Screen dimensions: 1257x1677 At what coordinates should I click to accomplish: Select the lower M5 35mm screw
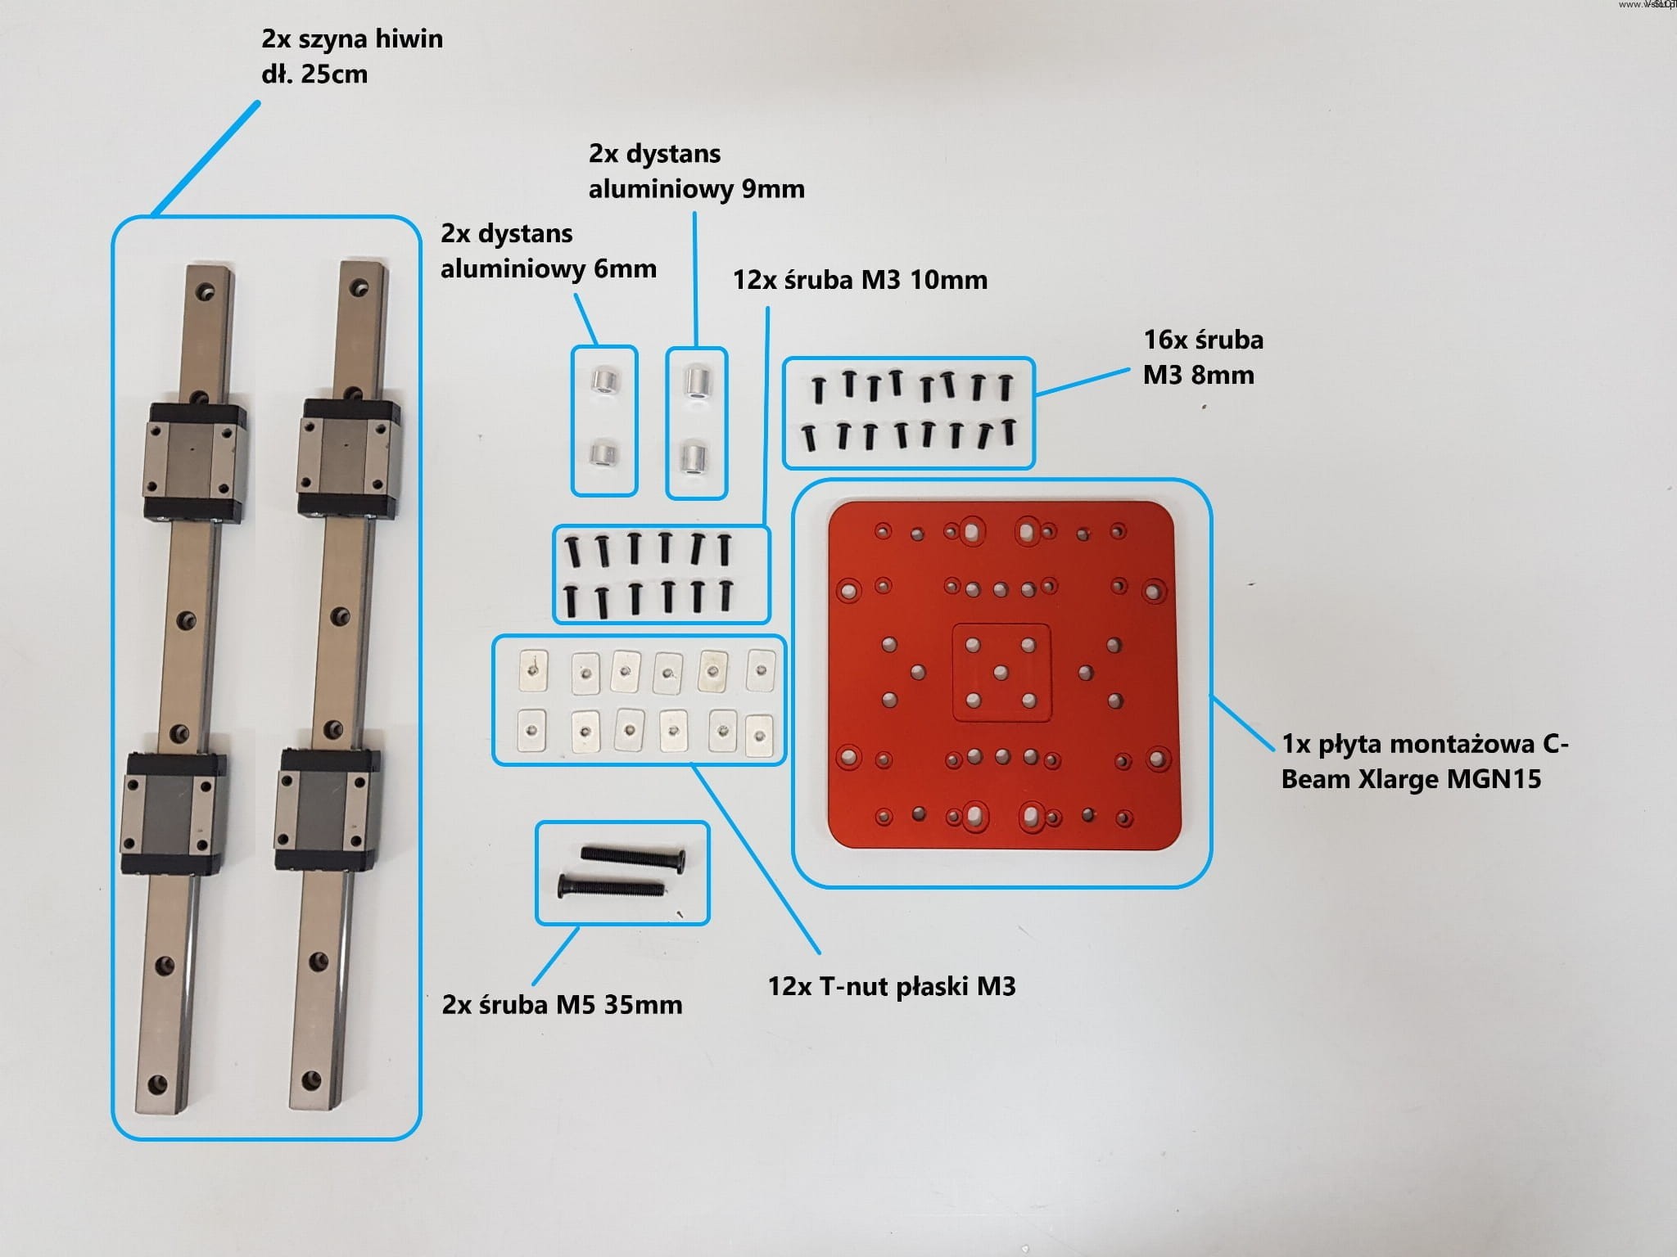[x=610, y=886]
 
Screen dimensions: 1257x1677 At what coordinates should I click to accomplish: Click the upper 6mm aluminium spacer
[x=604, y=380]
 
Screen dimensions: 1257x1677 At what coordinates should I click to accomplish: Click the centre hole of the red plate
[x=1001, y=673]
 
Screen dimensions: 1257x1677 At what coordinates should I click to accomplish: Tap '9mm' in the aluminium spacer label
[x=772, y=189]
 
